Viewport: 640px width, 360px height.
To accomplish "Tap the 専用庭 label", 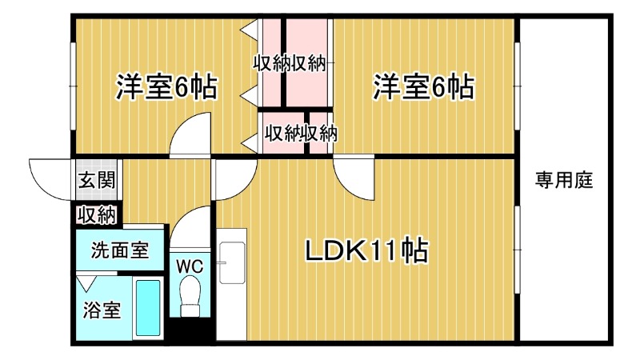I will point(563,181).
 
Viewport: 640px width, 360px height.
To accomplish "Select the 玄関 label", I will point(95,180).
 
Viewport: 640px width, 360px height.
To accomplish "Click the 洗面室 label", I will point(119,250).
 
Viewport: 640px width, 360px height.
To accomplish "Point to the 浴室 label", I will point(102,310).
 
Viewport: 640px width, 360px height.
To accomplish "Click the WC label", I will point(190,264).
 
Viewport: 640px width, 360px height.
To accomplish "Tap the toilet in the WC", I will point(190,296).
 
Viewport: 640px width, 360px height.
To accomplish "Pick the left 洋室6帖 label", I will point(166,86).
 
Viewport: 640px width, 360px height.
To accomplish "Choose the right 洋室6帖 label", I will point(423,86).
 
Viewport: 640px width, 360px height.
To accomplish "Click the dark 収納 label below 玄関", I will point(97,214).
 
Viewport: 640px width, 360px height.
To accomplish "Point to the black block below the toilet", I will point(190,331).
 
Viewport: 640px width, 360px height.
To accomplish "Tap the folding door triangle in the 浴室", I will point(86,282).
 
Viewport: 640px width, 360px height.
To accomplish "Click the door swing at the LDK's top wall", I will point(354,178).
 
